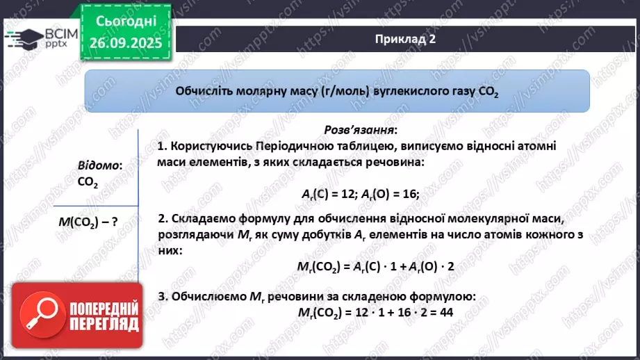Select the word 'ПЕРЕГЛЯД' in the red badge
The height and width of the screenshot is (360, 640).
[x=103, y=325]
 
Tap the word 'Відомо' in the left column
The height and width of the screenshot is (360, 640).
[x=99, y=165]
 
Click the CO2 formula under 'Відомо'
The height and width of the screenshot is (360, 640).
[x=88, y=182]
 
